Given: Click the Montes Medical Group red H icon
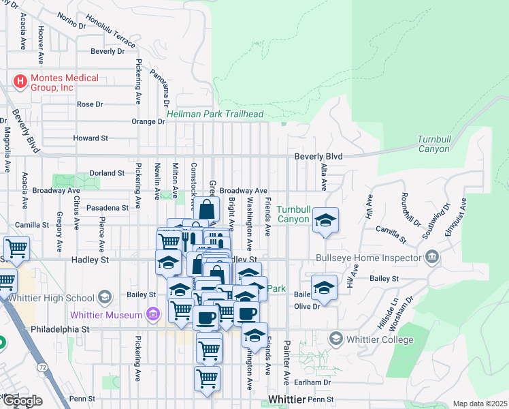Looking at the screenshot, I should point(20,82).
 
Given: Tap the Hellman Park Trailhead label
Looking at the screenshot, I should point(214,115).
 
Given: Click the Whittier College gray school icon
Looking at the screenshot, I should point(335,339).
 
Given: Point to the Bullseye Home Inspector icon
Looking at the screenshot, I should point(431,258).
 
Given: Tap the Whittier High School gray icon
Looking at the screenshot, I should point(104,297).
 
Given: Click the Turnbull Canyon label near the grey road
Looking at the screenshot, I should point(433,144).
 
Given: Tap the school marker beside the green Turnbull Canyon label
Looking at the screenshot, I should point(326,220).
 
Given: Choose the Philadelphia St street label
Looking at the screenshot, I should point(60,329).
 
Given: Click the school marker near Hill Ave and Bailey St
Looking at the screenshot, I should point(325,287).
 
